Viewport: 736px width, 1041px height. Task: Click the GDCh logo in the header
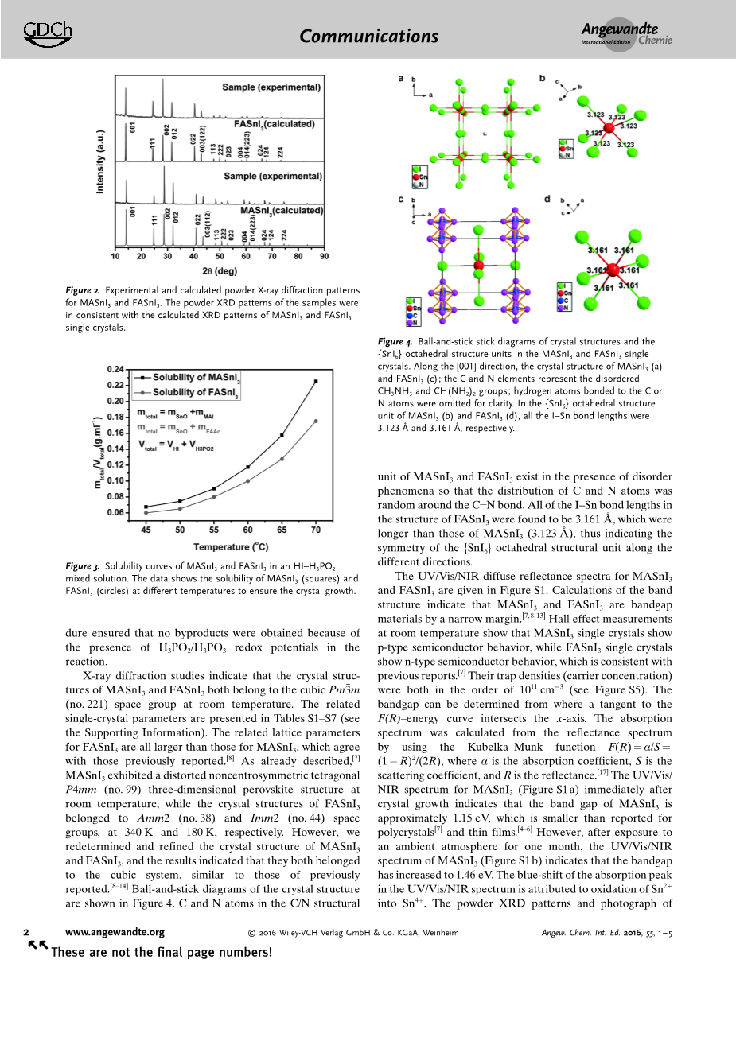tap(48, 32)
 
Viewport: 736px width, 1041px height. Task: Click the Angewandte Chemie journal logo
tap(626, 34)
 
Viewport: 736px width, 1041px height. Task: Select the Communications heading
tap(369, 36)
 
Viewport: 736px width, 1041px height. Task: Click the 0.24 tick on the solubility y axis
tap(115, 370)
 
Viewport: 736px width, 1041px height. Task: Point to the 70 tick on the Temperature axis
tap(316, 530)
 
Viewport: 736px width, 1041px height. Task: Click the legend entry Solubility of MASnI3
tap(196, 377)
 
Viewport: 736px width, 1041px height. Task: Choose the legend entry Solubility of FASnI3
tap(196, 392)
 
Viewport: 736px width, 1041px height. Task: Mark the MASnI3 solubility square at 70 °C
tap(316, 382)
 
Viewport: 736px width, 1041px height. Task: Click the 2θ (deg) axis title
tap(220, 271)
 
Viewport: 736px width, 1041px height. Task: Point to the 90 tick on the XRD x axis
tap(324, 256)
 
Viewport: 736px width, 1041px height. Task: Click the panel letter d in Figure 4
tap(547, 200)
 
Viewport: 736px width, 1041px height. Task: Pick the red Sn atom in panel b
tap(609, 128)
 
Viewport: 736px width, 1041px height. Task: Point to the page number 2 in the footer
tap(26, 932)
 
